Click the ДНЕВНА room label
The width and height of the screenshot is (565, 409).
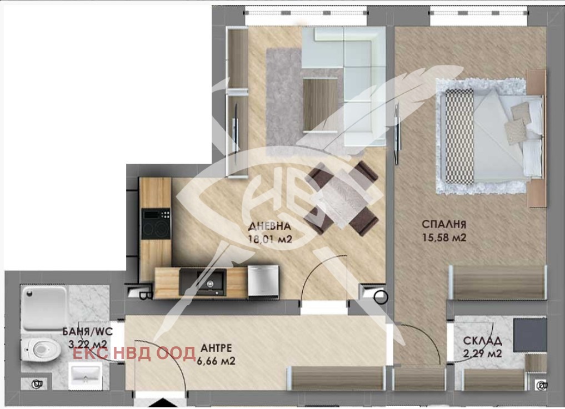[x=269, y=226]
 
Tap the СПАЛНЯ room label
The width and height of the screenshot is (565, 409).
[x=444, y=225]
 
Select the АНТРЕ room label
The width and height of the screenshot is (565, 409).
[x=216, y=348]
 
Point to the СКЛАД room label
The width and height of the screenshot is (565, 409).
[x=482, y=341]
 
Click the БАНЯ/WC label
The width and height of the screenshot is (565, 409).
[x=88, y=332]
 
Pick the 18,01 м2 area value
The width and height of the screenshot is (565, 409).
[x=270, y=239]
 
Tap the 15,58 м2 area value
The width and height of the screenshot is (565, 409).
[x=444, y=238]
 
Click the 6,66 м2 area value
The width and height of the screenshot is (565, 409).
[x=216, y=361]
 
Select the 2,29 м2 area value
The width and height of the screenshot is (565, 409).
[x=482, y=354]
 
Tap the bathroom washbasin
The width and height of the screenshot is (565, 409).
[x=85, y=376]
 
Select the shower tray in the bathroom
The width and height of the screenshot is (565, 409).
[x=44, y=307]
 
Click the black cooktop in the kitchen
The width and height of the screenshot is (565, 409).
[x=156, y=224]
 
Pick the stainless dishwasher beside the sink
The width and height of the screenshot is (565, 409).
[x=263, y=281]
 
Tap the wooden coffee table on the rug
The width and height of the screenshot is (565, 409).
[x=321, y=105]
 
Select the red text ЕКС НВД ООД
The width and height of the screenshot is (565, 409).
[x=134, y=353]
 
